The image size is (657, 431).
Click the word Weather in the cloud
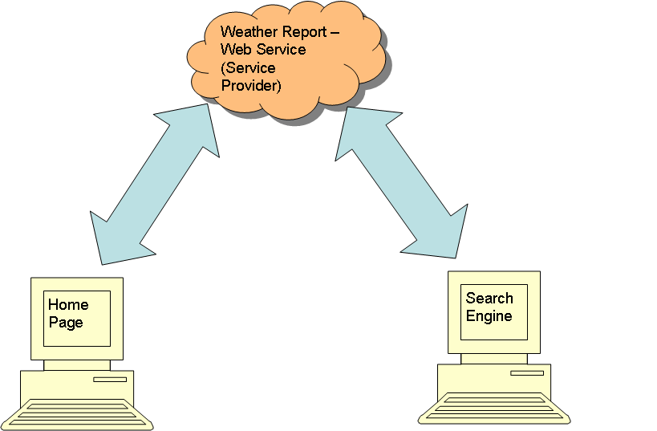tap(245, 32)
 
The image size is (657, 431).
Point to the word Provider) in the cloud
tap(250, 85)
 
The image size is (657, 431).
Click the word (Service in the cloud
tap(248, 67)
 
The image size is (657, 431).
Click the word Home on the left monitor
tap(68, 305)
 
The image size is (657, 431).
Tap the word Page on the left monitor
tap(65, 323)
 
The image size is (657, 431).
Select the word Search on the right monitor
tap(489, 299)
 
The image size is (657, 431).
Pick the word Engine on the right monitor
tap(489, 316)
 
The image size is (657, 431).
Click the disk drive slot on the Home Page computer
tap(109, 379)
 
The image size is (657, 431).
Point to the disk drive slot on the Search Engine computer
tap(526, 372)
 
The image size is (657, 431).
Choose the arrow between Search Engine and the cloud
tap(401, 183)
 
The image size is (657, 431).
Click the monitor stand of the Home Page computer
tap(77, 365)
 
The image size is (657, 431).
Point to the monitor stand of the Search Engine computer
tap(494, 359)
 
